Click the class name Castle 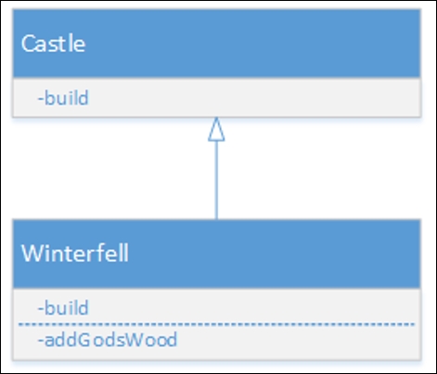pos(53,44)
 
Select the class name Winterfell pos(75,253)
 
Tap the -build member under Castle pos(63,98)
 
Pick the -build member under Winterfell pos(63,307)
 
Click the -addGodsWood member pos(108,340)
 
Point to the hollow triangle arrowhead pos(216,130)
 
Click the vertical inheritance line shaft pos(216,181)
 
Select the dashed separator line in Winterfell pos(216,324)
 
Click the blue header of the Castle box pos(216,44)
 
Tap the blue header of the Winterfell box pos(216,254)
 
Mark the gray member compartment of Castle pos(216,97)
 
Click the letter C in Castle pos(28,44)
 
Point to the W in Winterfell pos(32,254)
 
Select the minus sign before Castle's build pos(40,99)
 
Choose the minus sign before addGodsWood pos(40,341)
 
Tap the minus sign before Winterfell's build pos(40,309)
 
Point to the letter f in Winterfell pos(105,253)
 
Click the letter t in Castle pos(64,44)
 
